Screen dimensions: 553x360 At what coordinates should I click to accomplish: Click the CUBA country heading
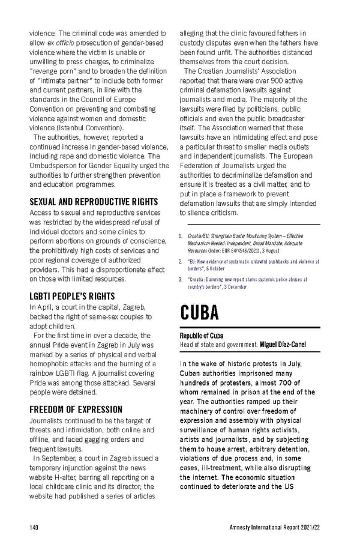click(199, 312)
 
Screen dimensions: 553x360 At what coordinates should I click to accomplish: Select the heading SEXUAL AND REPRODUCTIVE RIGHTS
click(94, 201)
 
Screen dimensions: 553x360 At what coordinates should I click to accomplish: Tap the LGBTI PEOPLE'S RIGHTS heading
click(72, 296)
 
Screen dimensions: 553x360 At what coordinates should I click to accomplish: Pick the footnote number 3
click(181, 279)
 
